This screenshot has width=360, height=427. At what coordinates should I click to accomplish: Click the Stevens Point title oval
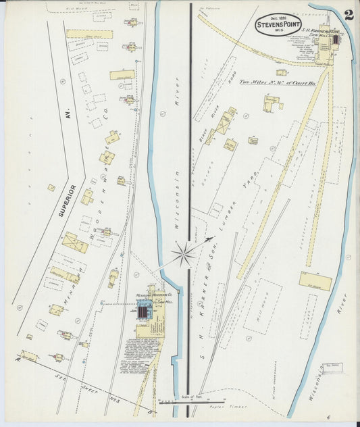(x=278, y=26)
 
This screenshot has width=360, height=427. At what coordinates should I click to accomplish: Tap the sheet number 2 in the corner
(x=348, y=16)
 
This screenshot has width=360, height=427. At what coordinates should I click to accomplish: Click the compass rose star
(x=184, y=254)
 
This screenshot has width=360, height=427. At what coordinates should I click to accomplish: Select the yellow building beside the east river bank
(x=315, y=280)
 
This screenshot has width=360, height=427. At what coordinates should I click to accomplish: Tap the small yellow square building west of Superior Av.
(x=51, y=188)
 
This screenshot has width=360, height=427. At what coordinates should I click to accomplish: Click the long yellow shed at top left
(x=89, y=33)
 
